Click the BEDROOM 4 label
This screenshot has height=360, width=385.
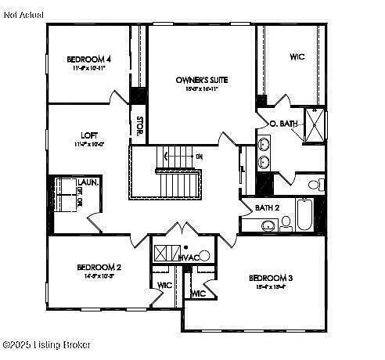[x=88, y=59]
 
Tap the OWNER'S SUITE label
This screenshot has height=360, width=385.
[x=200, y=79]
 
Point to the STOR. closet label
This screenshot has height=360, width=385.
[x=139, y=128]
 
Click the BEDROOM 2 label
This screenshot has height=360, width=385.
[x=99, y=267]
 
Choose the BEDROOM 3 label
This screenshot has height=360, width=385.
[x=271, y=278]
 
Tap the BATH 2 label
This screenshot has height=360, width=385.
[x=268, y=207]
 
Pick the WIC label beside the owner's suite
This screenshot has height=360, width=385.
[x=297, y=56]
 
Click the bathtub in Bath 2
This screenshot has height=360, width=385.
[x=304, y=214]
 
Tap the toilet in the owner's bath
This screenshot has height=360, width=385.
[x=315, y=185]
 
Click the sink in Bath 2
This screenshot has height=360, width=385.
[x=268, y=225]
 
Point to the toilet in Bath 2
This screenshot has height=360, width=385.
[x=286, y=222]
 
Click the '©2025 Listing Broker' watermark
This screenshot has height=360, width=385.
[x=46, y=344]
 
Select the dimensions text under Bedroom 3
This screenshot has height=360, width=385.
[x=270, y=286]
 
